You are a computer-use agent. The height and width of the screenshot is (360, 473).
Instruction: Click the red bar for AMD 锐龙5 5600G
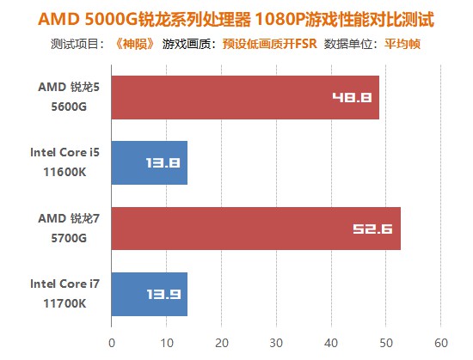(245, 97)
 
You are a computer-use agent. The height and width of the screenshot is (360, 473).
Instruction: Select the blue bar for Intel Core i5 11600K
(149, 162)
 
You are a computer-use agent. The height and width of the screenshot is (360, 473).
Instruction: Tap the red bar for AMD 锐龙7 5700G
(255, 229)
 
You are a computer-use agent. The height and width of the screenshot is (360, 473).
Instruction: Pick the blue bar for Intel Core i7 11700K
(149, 294)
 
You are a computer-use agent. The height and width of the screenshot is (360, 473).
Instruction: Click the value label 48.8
(352, 97)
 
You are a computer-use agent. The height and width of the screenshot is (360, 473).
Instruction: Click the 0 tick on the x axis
(112, 342)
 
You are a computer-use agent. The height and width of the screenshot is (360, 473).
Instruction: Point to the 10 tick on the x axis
(167, 342)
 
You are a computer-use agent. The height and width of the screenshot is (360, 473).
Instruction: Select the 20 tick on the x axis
(222, 342)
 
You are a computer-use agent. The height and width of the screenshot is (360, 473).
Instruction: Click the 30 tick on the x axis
(276, 342)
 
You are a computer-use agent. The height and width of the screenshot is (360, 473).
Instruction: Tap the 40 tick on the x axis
(331, 342)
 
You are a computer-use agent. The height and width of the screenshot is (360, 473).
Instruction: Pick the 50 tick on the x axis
(386, 342)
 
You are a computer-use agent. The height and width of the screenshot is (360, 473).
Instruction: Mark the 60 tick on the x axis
(441, 342)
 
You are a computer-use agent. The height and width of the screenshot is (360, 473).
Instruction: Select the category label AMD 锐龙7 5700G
(63, 229)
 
